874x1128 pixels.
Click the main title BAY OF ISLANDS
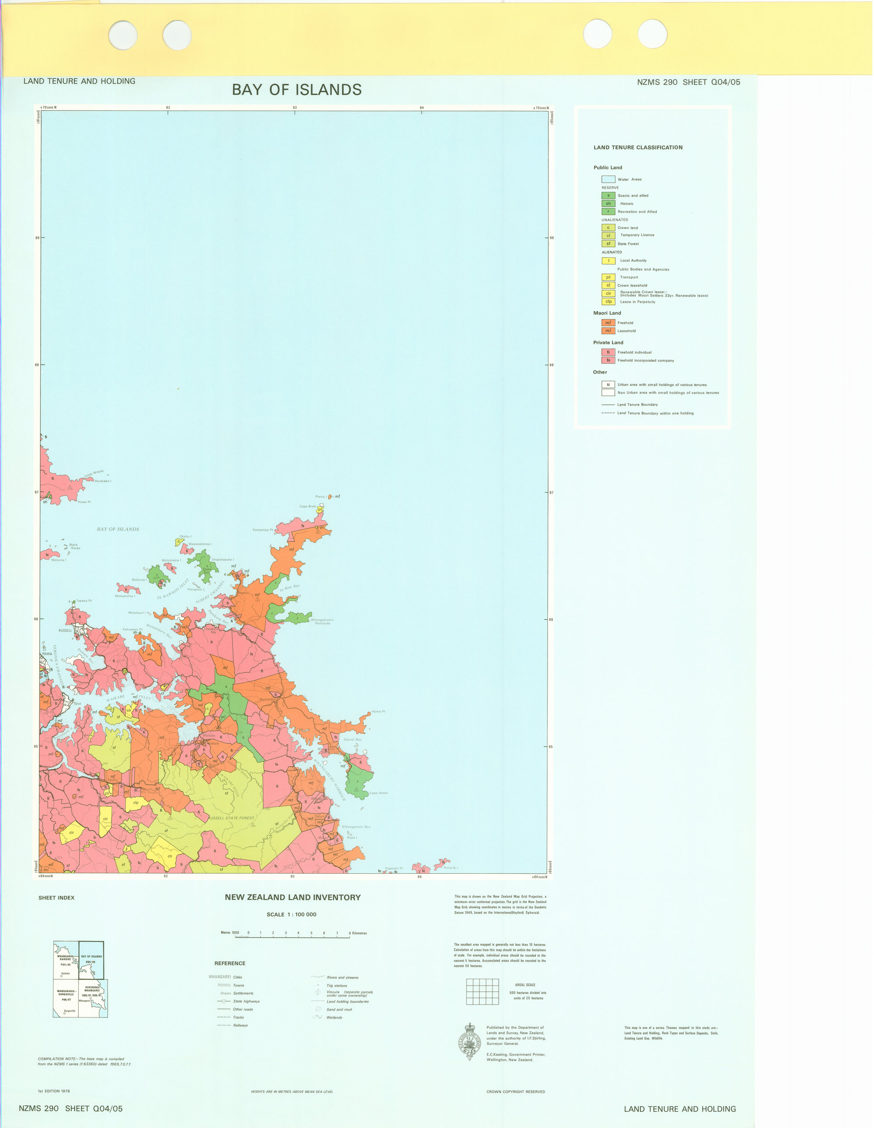click(296, 90)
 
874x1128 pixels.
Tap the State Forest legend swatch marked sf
click(608, 244)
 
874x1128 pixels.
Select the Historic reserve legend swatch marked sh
click(608, 204)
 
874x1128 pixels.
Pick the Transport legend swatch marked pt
click(608, 277)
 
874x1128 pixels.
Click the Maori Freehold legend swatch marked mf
click(608, 323)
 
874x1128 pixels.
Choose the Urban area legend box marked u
click(608, 384)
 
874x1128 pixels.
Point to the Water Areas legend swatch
click(608, 179)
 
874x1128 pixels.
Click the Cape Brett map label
click(307, 507)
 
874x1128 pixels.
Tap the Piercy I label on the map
click(321, 497)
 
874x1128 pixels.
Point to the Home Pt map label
click(378, 712)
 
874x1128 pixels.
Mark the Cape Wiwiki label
click(94, 473)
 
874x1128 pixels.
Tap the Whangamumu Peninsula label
click(322, 621)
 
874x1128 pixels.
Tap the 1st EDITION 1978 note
click(54, 1091)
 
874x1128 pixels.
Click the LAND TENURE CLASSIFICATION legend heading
click(638, 148)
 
